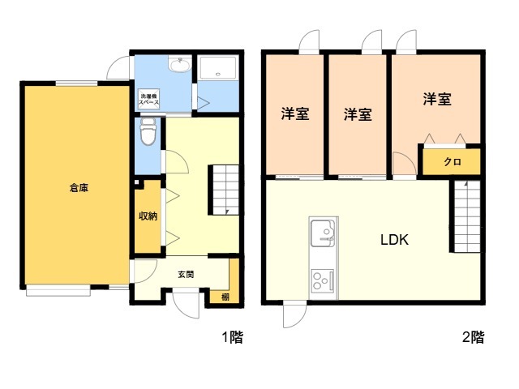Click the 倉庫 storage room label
79,188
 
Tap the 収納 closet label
148,216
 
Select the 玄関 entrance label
186,274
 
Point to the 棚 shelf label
225,297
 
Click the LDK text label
394,240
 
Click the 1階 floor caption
231,338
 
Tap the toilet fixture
148,131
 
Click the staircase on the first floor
225,190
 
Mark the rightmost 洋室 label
437,100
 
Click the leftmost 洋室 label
294,114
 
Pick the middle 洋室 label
357,114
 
